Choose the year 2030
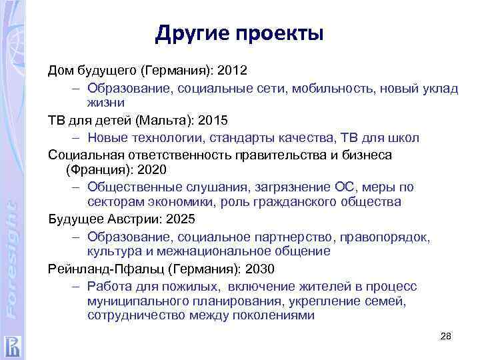pos(259,269)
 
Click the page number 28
pos(446,337)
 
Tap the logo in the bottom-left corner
pos(12,344)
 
